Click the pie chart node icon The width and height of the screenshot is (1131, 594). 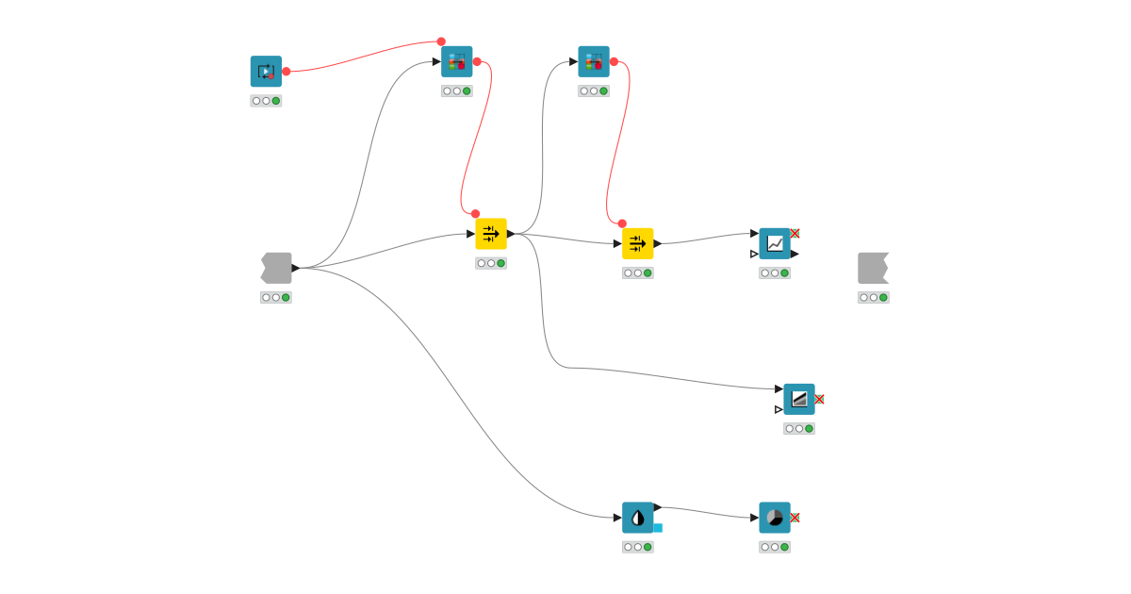pyautogui.click(x=775, y=518)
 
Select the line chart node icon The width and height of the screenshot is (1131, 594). pyautogui.click(x=775, y=243)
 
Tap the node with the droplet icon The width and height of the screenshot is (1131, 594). pyautogui.click(x=637, y=518)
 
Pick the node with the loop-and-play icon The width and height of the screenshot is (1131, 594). pyautogui.click(x=266, y=72)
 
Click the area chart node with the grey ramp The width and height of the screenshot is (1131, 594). pyautogui.click(x=799, y=399)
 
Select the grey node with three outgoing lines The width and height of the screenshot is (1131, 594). pyautogui.click(x=276, y=268)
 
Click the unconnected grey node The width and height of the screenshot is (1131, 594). pyautogui.click(x=873, y=268)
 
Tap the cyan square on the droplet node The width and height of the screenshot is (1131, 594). pyautogui.click(x=658, y=528)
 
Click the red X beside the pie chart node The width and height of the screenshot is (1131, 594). pyautogui.click(x=795, y=518)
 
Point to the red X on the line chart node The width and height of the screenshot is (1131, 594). pyautogui.click(x=795, y=233)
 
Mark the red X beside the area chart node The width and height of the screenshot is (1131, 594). pyautogui.click(x=819, y=399)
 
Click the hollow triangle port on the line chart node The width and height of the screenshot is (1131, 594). pyautogui.click(x=754, y=254)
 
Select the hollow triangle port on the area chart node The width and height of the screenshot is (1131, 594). pyautogui.click(x=779, y=409)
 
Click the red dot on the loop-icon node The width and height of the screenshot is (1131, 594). pyautogui.click(x=287, y=72)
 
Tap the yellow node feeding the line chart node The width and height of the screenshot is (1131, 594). pyautogui.click(x=637, y=243)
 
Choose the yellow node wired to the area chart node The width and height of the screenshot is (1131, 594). pyautogui.click(x=491, y=234)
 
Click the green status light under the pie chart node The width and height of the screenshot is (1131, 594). pyautogui.click(x=784, y=547)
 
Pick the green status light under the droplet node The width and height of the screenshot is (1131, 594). pyautogui.click(x=647, y=547)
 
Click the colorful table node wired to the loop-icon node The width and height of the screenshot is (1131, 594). pyautogui.click(x=457, y=62)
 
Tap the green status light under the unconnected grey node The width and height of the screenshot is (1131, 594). pyautogui.click(x=883, y=297)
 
